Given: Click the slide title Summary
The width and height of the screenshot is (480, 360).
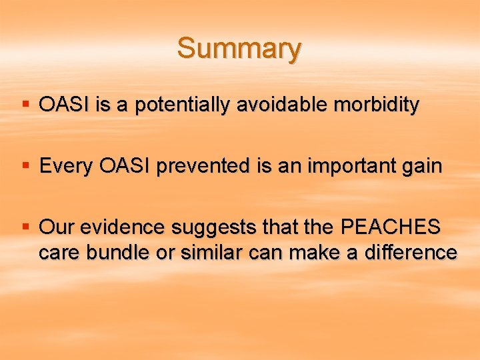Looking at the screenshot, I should pyautogui.click(x=239, y=49).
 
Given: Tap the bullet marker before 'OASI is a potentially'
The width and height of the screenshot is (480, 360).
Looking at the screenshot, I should pyautogui.click(x=25, y=104).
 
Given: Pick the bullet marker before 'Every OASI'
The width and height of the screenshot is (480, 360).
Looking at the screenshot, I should pyautogui.click(x=25, y=165).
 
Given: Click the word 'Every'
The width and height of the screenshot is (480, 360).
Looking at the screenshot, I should pyautogui.click(x=67, y=166).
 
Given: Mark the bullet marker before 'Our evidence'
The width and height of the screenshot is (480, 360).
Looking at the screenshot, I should pyautogui.click(x=25, y=226).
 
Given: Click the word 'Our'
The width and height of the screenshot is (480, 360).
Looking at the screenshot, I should pyautogui.click(x=56, y=227).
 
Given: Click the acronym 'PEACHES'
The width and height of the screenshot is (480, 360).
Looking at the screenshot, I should pyautogui.click(x=391, y=227).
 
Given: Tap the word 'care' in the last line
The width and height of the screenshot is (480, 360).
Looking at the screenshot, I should pyautogui.click(x=58, y=253).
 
